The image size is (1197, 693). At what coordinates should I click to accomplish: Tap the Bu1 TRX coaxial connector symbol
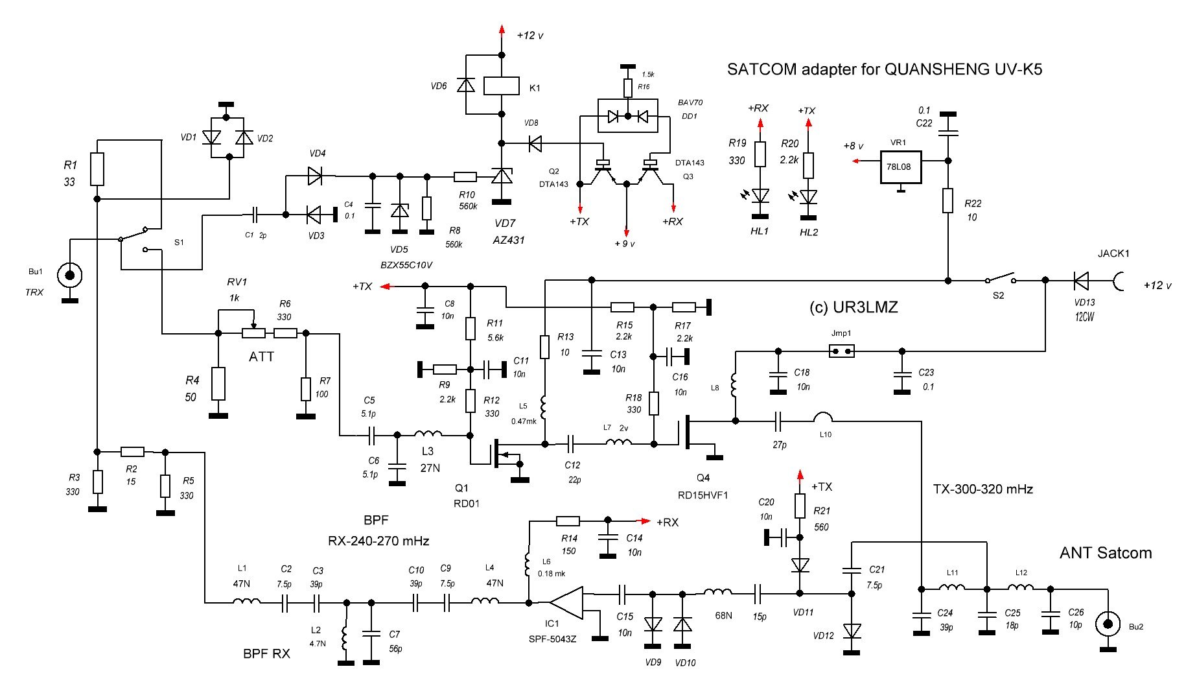[69, 275]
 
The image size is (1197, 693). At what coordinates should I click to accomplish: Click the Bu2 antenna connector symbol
[1108, 624]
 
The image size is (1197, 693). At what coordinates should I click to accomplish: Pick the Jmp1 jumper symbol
[841, 351]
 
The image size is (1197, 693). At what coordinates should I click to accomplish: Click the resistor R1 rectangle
[97, 169]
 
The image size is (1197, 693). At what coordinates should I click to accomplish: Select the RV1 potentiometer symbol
[253, 333]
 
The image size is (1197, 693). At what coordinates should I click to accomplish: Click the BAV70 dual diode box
[627, 117]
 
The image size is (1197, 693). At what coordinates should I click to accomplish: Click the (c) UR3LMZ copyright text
[854, 307]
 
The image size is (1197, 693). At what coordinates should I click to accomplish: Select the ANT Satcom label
[1106, 553]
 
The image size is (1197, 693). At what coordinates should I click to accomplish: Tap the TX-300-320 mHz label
[982, 489]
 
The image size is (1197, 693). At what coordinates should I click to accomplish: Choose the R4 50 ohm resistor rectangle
[218, 384]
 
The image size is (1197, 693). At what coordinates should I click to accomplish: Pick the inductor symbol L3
[428, 435]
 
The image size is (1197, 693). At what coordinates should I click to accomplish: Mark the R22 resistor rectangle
[948, 200]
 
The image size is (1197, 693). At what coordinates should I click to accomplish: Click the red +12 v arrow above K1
[501, 29]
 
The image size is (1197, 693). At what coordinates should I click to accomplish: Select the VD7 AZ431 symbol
[501, 176]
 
